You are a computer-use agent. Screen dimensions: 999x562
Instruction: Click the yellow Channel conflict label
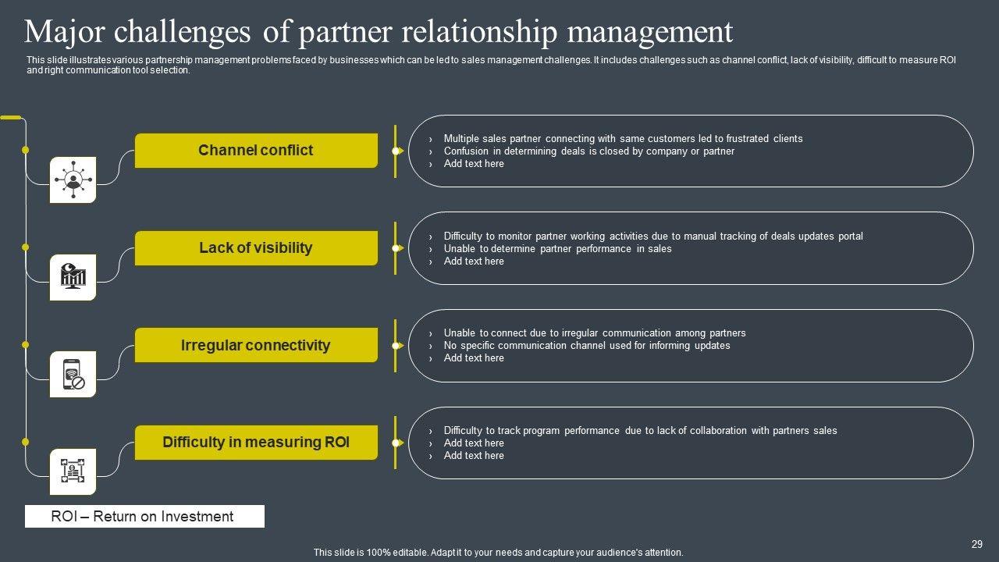(x=256, y=151)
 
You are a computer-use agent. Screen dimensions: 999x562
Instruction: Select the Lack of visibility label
(x=256, y=248)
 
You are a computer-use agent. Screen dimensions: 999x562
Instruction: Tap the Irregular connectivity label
(x=256, y=345)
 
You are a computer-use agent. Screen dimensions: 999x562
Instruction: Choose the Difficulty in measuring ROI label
(x=256, y=443)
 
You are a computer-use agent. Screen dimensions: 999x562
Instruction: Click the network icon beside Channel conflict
(x=73, y=180)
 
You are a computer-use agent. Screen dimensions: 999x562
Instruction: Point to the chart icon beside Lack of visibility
(x=73, y=277)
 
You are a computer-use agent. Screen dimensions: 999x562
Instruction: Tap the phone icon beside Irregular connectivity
(x=73, y=374)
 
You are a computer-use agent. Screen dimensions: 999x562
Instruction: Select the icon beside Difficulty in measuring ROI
(x=73, y=471)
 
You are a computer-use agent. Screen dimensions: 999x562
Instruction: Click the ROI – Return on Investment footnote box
(x=144, y=517)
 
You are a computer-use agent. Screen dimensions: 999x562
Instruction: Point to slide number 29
(x=976, y=545)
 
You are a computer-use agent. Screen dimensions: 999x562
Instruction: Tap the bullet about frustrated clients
(x=623, y=139)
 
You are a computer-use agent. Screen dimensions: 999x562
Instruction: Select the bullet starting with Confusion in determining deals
(x=588, y=151)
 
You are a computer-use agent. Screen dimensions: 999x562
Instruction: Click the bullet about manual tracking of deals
(x=652, y=237)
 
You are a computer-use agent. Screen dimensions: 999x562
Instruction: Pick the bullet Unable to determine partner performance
(x=557, y=249)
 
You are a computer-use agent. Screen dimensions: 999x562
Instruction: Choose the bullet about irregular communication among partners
(x=594, y=333)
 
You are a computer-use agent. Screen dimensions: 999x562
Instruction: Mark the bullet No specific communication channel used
(x=586, y=346)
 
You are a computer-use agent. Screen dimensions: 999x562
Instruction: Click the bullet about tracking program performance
(x=640, y=431)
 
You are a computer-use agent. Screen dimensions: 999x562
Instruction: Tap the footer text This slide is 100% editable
(x=498, y=553)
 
